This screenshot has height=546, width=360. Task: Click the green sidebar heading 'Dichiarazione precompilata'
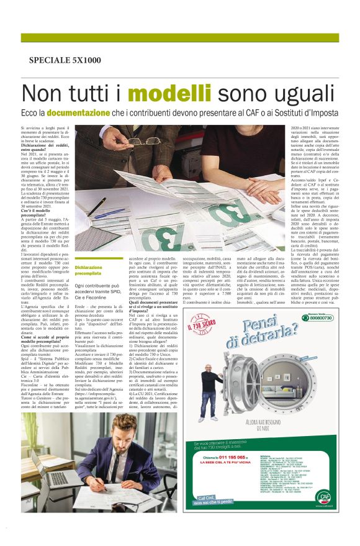(88, 270)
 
